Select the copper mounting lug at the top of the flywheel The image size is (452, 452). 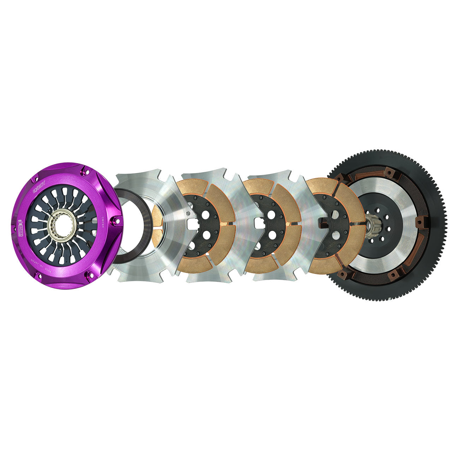click(389, 173)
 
